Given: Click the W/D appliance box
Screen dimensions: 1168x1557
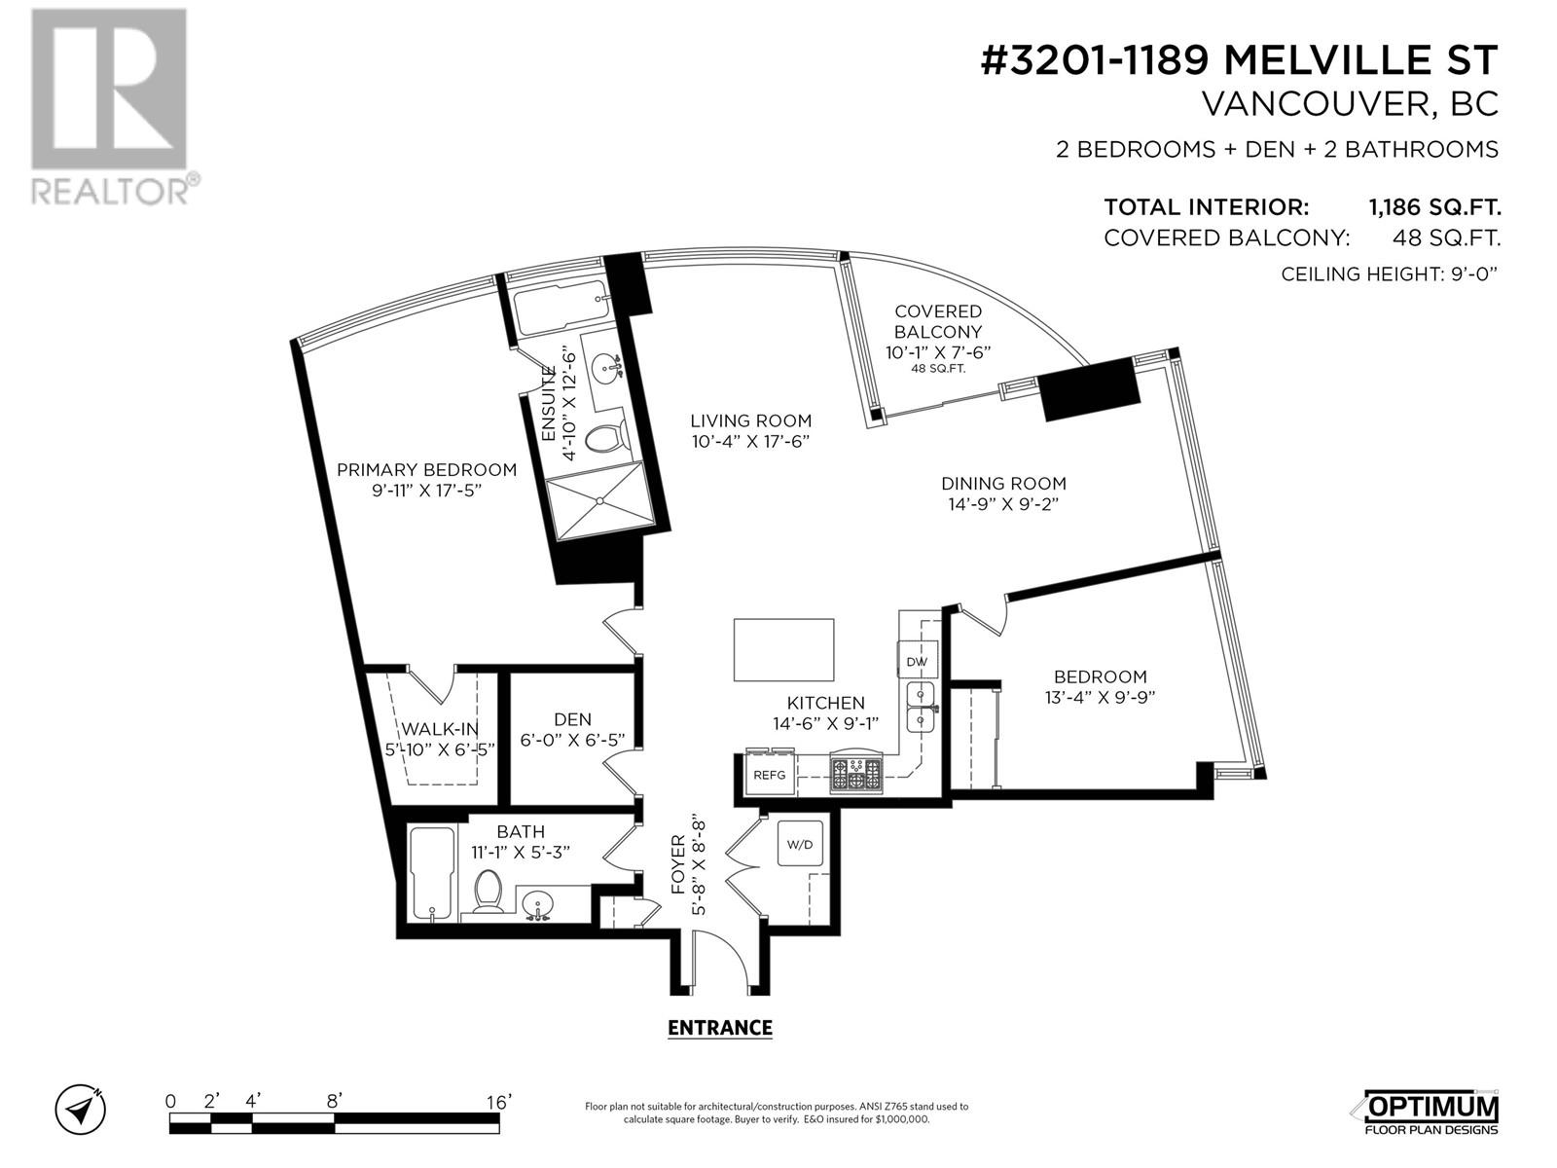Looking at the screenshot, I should [x=800, y=844].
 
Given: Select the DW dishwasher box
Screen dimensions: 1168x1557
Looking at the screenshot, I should [x=917, y=661].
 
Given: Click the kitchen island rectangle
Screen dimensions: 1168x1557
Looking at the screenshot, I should [x=783, y=650].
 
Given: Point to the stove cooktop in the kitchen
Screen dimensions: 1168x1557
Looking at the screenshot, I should [x=855, y=775].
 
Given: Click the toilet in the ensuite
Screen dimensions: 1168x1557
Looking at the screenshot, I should [x=605, y=438].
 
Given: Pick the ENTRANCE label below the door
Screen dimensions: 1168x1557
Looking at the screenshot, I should [x=720, y=1028].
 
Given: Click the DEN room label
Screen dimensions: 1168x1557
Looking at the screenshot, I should [x=572, y=719].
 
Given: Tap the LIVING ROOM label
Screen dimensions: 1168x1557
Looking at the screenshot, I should [x=750, y=420].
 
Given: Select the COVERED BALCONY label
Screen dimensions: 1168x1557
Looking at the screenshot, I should [x=938, y=321].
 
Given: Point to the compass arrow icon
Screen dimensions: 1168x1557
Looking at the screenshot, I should [x=81, y=1108].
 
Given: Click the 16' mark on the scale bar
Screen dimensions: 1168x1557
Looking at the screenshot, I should [x=499, y=1102].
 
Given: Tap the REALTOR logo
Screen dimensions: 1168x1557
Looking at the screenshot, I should [x=109, y=107].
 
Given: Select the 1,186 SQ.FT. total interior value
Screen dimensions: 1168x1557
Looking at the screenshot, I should [x=1433, y=207].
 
